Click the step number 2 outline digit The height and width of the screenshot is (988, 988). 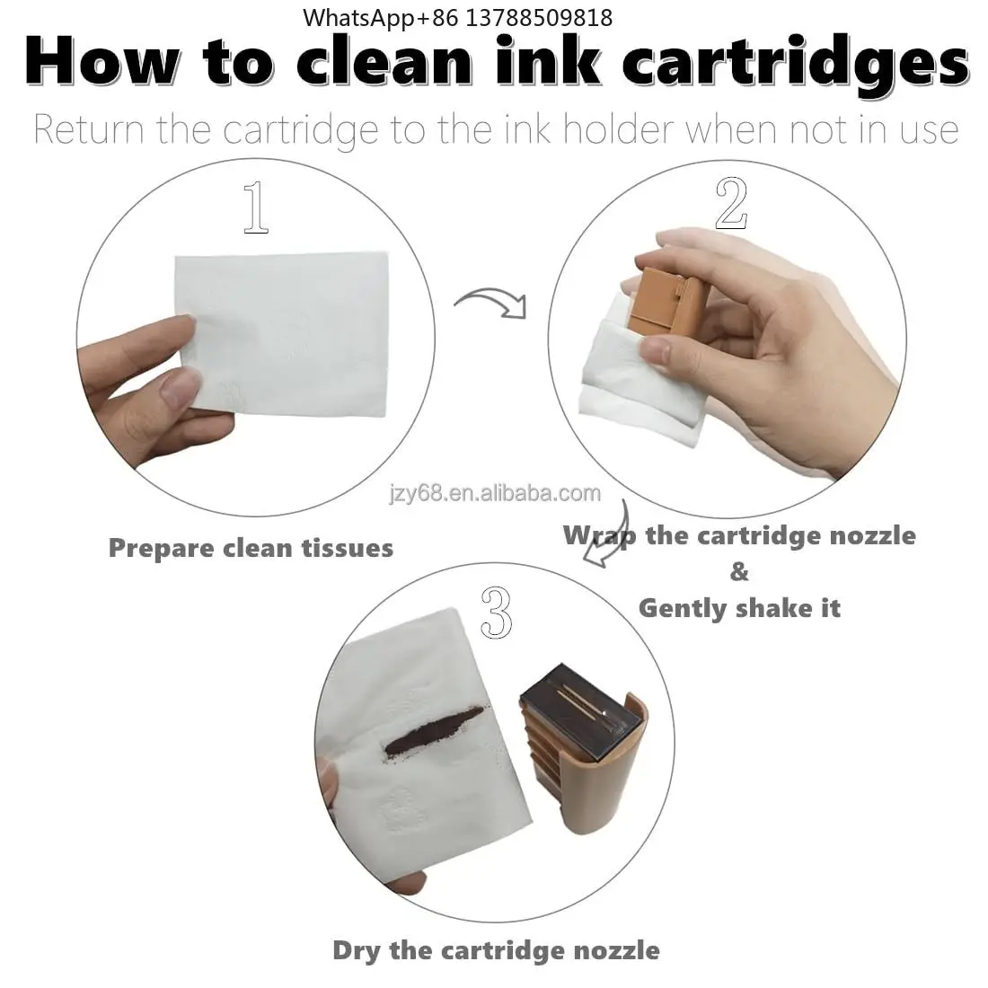point(731,203)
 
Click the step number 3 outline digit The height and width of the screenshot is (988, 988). point(497,612)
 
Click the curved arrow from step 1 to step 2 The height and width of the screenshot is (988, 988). point(490,297)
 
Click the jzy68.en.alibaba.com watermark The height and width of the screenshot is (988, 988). point(495,493)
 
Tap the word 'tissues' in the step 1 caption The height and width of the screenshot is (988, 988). point(348,548)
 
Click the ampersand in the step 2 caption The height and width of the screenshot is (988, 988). point(740,572)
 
